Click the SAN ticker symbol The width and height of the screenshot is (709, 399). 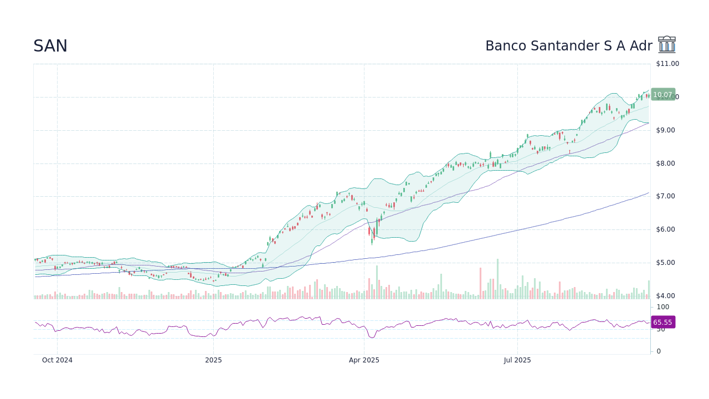(50, 47)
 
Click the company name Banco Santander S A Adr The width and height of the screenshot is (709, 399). (568, 47)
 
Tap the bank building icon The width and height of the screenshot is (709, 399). (667, 45)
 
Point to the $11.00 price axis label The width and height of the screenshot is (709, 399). (667, 64)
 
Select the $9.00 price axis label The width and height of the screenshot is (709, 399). (665, 130)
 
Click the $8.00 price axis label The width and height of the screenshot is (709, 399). (665, 163)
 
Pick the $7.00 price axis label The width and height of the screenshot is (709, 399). (665, 196)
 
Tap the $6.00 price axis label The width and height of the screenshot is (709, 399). (665, 229)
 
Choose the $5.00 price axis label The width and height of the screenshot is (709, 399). (665, 263)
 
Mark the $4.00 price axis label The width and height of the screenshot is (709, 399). (665, 296)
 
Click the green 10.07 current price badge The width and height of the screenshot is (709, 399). (662, 95)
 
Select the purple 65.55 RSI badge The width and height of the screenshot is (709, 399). (662, 323)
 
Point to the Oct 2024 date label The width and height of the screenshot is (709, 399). (57, 360)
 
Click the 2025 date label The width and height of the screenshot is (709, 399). (213, 360)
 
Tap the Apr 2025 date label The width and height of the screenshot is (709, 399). (364, 360)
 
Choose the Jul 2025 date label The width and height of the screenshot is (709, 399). (517, 360)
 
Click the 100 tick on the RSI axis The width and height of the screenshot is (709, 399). (663, 307)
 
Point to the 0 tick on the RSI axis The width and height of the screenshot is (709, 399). (659, 351)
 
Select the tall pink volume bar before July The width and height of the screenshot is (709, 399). (480, 284)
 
